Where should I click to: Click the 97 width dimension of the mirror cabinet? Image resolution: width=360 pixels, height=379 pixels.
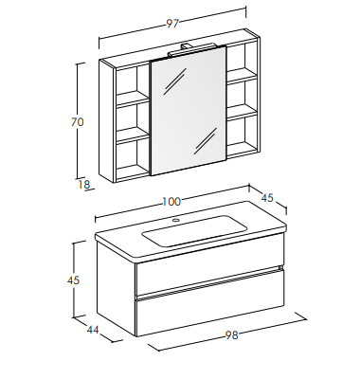pyautogui.click(x=172, y=24)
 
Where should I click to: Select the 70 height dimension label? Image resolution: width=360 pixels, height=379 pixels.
pyautogui.click(x=78, y=122)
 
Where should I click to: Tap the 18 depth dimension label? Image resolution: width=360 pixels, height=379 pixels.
pyautogui.click(x=84, y=184)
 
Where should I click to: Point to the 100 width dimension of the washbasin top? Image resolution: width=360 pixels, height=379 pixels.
pyautogui.click(x=171, y=202)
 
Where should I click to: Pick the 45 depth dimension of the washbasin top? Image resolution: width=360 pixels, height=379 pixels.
pyautogui.click(x=267, y=198)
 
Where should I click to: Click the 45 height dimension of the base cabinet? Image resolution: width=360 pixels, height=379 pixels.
pyautogui.click(x=73, y=280)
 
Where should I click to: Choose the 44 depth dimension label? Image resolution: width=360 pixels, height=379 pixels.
pyautogui.click(x=93, y=330)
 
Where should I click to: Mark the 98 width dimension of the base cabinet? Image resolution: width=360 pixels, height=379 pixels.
pyautogui.click(x=231, y=334)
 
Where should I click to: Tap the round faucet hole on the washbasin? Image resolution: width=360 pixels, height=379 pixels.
pyautogui.click(x=176, y=220)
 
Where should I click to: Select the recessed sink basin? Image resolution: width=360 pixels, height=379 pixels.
pyautogui.click(x=194, y=231)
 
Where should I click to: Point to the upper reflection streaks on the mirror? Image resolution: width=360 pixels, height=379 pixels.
pyautogui.click(x=174, y=81)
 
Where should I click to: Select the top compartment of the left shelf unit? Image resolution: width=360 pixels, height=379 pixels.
pyautogui.click(x=132, y=82)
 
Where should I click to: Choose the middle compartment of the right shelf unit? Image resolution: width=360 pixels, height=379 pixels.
pyautogui.click(x=241, y=95)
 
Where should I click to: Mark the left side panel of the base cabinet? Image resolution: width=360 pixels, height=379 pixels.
pyautogui.click(x=116, y=287)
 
